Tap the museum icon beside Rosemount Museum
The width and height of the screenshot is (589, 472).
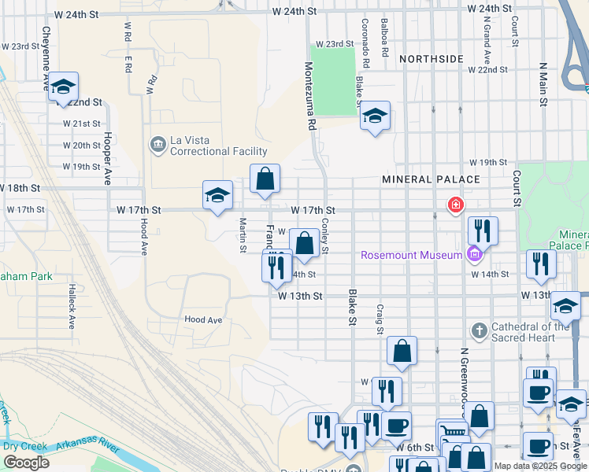click(x=473, y=254)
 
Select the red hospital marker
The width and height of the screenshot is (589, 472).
click(x=454, y=206)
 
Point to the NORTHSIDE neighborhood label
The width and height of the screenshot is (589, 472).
click(x=431, y=59)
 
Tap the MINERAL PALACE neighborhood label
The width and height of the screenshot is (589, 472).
click(x=431, y=179)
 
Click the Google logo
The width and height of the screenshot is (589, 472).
click(x=26, y=463)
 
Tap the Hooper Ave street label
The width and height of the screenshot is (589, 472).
click(x=108, y=158)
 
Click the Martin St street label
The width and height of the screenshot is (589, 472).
click(x=243, y=236)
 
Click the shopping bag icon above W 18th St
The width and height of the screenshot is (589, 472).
click(x=266, y=179)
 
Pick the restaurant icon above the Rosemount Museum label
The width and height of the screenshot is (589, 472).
click(x=483, y=230)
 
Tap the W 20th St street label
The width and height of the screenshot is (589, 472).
click(x=82, y=146)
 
